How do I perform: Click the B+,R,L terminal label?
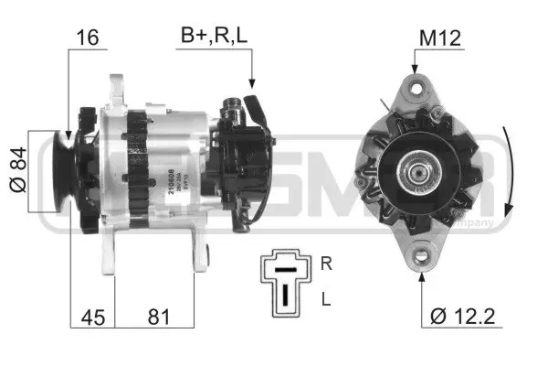pyautogui.click(x=214, y=38)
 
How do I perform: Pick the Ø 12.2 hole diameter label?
pyautogui.click(x=462, y=319)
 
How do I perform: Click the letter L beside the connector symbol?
pyautogui.click(x=326, y=299)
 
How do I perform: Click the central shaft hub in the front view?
pyautogui.click(x=422, y=172)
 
